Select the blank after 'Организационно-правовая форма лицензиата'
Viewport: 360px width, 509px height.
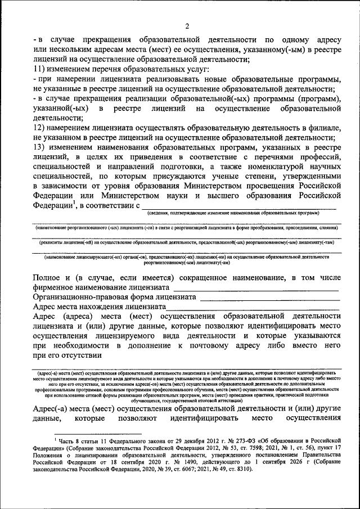269,298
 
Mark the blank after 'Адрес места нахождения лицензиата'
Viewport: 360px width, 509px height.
253,308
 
